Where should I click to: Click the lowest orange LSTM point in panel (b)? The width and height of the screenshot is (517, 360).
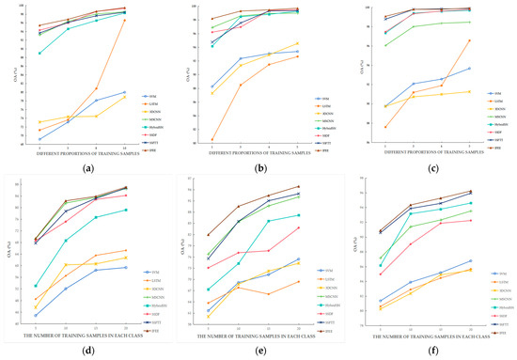[211, 140]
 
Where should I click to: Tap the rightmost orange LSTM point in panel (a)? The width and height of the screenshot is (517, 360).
[125, 20]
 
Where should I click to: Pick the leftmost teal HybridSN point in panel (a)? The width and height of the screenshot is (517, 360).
[39, 53]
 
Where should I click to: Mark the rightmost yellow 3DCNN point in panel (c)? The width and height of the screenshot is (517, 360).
[469, 91]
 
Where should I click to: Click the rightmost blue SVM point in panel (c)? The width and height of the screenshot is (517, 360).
[469, 68]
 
